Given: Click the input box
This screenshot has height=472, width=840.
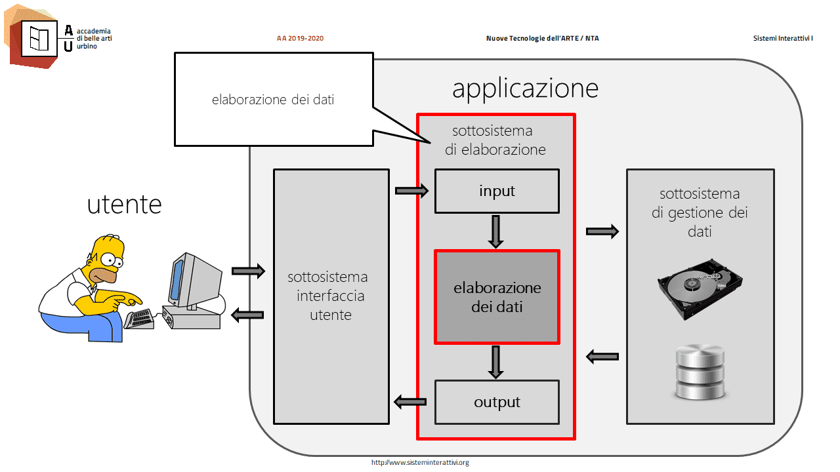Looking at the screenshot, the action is point(497,191).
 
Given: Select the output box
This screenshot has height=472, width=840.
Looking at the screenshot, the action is point(497,403).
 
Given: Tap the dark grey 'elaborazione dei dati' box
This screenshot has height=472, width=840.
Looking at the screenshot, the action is point(497,297).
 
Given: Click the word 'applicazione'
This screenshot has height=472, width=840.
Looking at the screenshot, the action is point(525,89).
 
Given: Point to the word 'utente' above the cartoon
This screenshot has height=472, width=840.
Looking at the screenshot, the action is point(125,205).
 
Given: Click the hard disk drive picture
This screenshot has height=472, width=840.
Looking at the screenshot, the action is point(700,289).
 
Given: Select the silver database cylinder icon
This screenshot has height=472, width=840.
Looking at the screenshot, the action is point(700,372).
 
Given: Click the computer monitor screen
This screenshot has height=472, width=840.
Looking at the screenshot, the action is point(177,279).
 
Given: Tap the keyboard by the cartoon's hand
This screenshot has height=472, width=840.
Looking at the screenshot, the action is point(139,319).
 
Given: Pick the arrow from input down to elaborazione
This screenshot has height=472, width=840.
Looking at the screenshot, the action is point(495,232).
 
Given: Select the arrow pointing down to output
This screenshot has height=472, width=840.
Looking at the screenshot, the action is point(495,363).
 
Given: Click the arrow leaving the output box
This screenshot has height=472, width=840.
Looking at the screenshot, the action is point(410,403).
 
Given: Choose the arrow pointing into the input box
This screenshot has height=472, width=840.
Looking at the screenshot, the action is point(411,191).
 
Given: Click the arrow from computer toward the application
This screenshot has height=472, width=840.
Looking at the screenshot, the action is point(248,271).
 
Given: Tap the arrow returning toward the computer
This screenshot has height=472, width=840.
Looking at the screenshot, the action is point(247,315).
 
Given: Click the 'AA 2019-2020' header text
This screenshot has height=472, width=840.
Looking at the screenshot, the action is point(300,38).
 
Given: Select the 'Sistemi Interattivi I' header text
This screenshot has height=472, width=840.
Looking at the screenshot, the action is point(783,38).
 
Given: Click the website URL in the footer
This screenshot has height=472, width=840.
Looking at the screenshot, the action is point(420,463).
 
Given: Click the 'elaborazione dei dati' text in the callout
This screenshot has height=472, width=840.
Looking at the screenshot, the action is point(273,100).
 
